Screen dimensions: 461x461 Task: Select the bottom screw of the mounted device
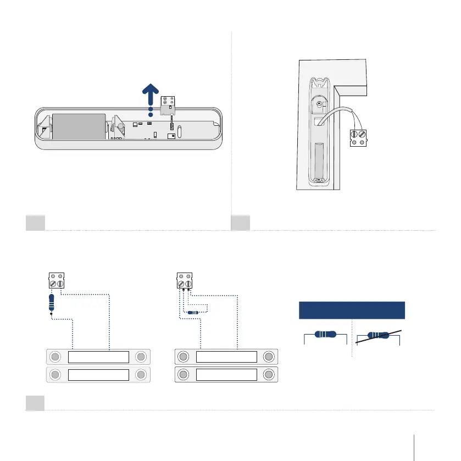317,180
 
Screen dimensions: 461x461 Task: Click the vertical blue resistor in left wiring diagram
52,302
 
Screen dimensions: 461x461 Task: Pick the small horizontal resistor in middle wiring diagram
193,312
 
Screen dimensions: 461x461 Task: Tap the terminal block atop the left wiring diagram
56,280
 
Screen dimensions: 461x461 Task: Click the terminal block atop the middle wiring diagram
184,280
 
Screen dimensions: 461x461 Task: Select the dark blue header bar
351,310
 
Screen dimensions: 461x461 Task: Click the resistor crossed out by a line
377,336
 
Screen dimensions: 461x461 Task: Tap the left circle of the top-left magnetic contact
55,357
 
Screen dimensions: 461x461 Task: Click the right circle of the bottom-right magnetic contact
269,375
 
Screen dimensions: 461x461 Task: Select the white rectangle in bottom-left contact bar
98,375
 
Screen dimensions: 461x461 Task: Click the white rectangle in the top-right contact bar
226,357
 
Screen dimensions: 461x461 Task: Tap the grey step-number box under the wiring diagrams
35,403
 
